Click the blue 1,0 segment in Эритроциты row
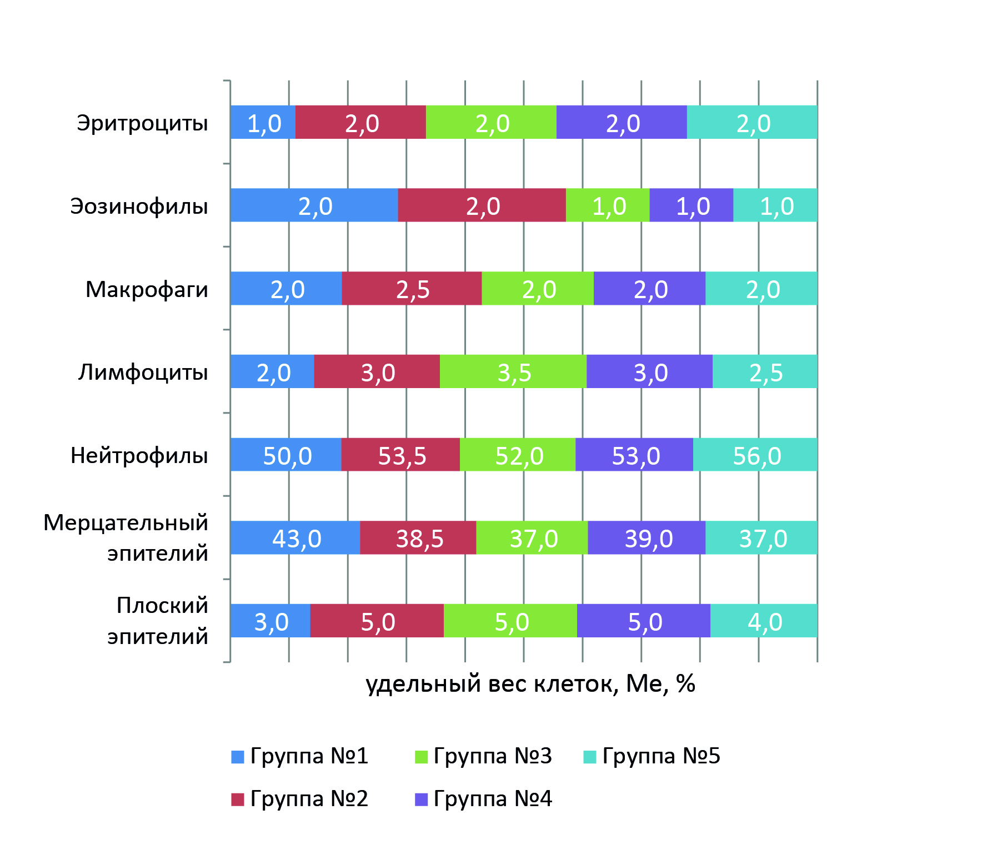(x=263, y=122)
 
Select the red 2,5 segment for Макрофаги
(x=412, y=288)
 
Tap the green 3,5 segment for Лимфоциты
(x=513, y=371)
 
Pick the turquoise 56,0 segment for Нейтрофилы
(x=755, y=455)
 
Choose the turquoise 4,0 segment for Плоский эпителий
(x=764, y=621)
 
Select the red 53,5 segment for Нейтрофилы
(x=400, y=455)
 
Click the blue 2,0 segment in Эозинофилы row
(x=314, y=205)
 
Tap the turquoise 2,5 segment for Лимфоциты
(x=765, y=371)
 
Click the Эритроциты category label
(x=142, y=123)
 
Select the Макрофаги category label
(x=147, y=289)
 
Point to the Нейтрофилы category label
(x=139, y=455)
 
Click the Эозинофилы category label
(x=139, y=206)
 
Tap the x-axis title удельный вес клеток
(x=530, y=683)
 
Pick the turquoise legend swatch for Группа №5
(x=590, y=757)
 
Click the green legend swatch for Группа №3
(x=422, y=757)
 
